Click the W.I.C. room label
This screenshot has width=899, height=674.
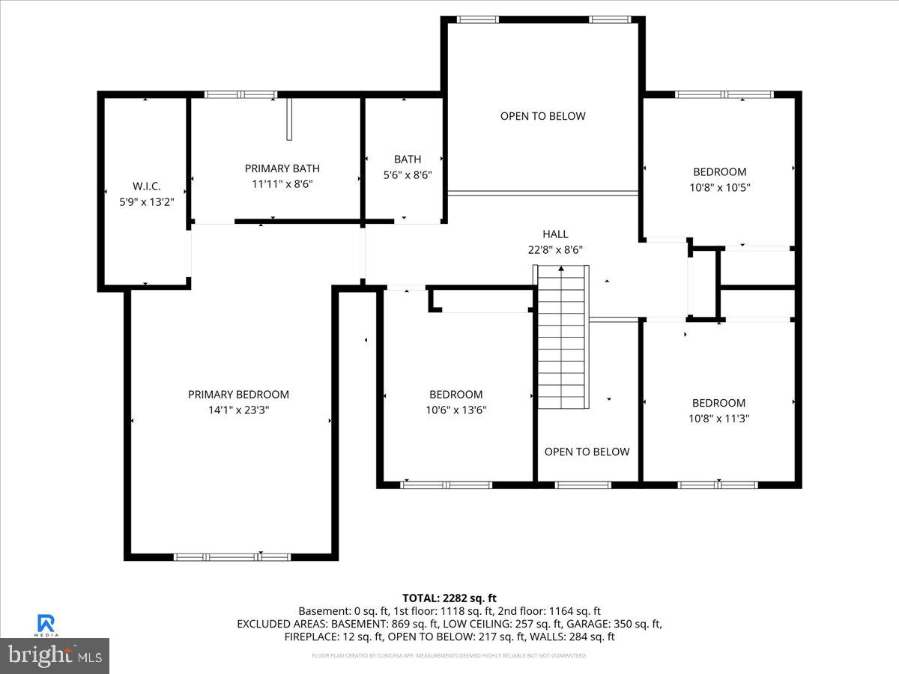click(x=146, y=186)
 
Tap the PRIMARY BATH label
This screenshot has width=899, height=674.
click(x=282, y=168)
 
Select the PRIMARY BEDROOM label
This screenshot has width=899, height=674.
click(x=238, y=395)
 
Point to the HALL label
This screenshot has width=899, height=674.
click(x=555, y=234)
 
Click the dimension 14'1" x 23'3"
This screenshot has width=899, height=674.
click(x=238, y=410)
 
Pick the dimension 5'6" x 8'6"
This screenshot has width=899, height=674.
click(x=408, y=174)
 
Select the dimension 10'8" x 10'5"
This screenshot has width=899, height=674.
click(x=719, y=187)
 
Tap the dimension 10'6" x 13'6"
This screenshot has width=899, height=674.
click(x=455, y=410)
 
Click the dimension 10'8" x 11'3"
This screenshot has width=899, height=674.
click(x=719, y=419)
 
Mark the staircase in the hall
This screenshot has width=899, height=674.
click(x=563, y=337)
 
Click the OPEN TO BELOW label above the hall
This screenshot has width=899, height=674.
click(x=543, y=116)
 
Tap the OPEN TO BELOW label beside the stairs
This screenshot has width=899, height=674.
click(x=587, y=452)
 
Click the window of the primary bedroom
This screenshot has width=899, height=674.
click(x=231, y=556)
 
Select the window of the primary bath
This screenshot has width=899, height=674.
click(x=240, y=95)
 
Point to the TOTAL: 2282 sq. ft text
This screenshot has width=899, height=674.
click(x=449, y=598)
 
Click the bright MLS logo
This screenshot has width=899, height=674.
click(x=54, y=655)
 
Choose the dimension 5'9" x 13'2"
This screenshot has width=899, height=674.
click(x=146, y=201)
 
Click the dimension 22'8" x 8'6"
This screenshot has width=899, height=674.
click(x=555, y=250)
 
